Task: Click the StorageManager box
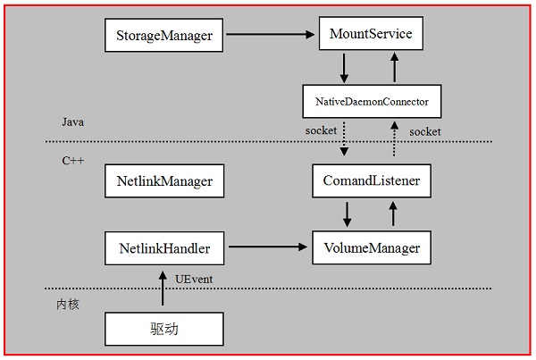point(164,36)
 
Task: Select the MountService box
point(370,36)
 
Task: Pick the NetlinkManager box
point(164,181)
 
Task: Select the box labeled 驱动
point(164,328)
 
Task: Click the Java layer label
point(73,121)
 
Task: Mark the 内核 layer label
point(68,304)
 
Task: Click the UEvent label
point(193,280)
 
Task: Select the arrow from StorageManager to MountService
point(272,36)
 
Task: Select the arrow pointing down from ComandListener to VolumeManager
point(348,213)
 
